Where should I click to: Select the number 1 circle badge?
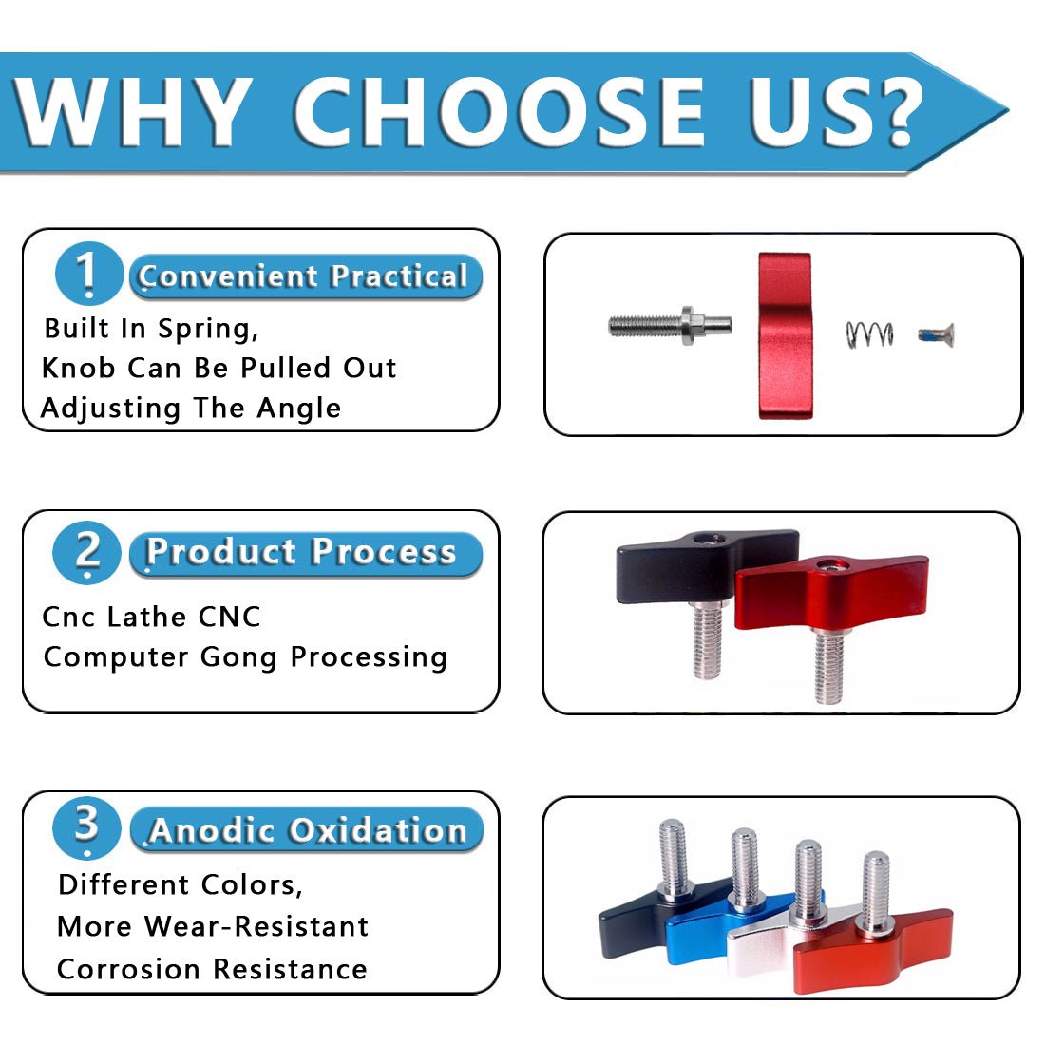(x=89, y=274)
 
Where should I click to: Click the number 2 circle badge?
(x=86, y=553)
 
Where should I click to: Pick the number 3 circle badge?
(x=86, y=827)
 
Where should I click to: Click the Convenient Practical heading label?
(x=305, y=275)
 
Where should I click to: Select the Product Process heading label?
(x=305, y=553)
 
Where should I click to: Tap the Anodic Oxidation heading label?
(x=307, y=829)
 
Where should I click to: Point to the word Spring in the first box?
(x=207, y=330)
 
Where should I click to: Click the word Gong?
(x=237, y=657)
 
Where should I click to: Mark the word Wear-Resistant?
(x=256, y=926)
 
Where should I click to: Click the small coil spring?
(x=869, y=333)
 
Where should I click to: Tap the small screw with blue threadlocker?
(x=937, y=335)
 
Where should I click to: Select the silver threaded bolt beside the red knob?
(x=670, y=325)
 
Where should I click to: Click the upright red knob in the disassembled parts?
(x=785, y=335)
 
